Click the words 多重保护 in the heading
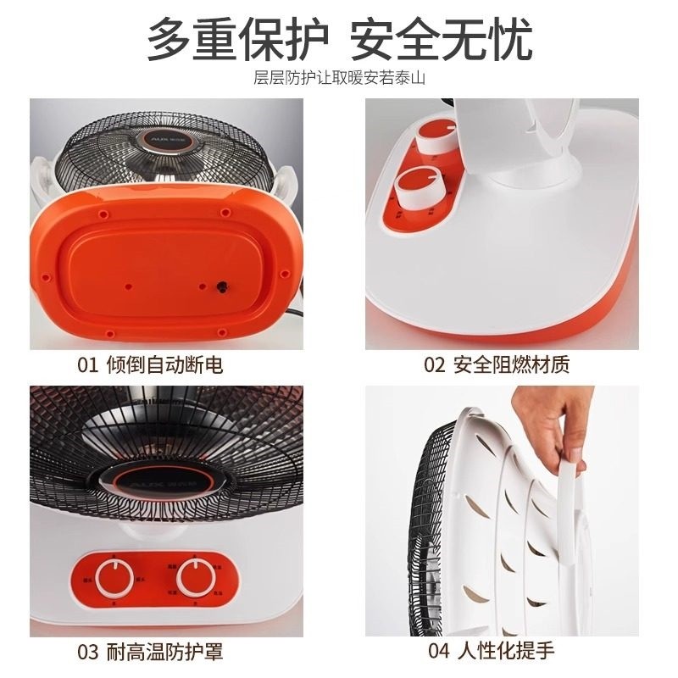pos(238,39)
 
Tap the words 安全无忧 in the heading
pos(441,39)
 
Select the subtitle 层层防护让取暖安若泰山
pos(338,79)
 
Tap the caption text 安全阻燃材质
pos(511,365)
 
